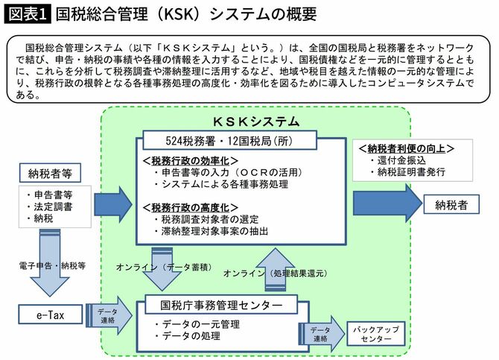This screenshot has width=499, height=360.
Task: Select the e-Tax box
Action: (51, 315)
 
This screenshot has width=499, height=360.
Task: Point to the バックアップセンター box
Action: (374, 333)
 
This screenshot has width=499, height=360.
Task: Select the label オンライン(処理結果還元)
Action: (273, 274)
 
